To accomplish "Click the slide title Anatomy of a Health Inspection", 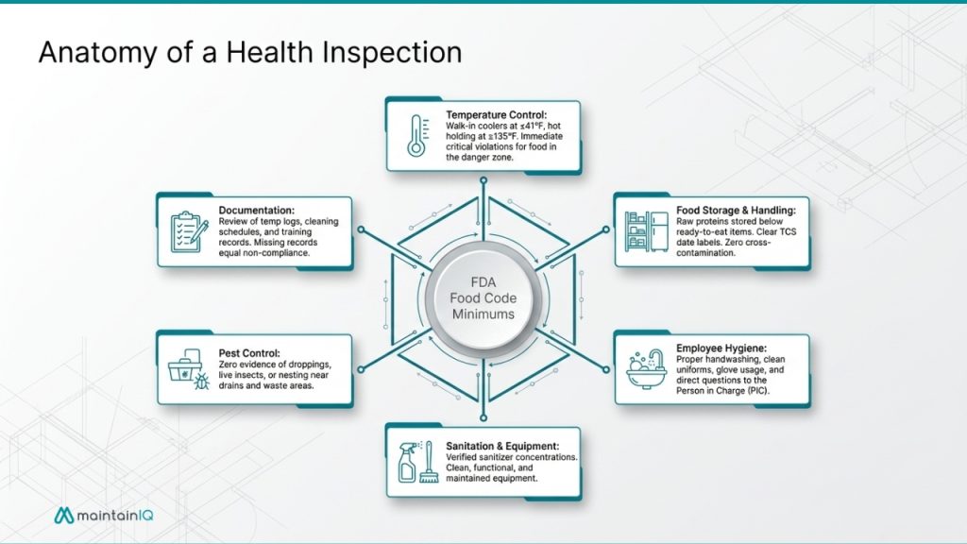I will coord(250,53).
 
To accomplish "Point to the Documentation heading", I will coord(256,210).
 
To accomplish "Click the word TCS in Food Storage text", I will coord(785,243).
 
